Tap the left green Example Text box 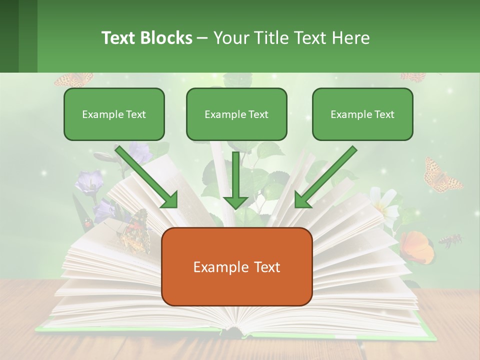coord(114,114)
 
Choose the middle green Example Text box coord(236,114)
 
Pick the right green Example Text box coord(362,114)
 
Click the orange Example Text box coord(236,266)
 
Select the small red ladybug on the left coord(88,223)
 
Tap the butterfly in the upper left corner coord(74,79)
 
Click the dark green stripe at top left coord(9,36)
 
